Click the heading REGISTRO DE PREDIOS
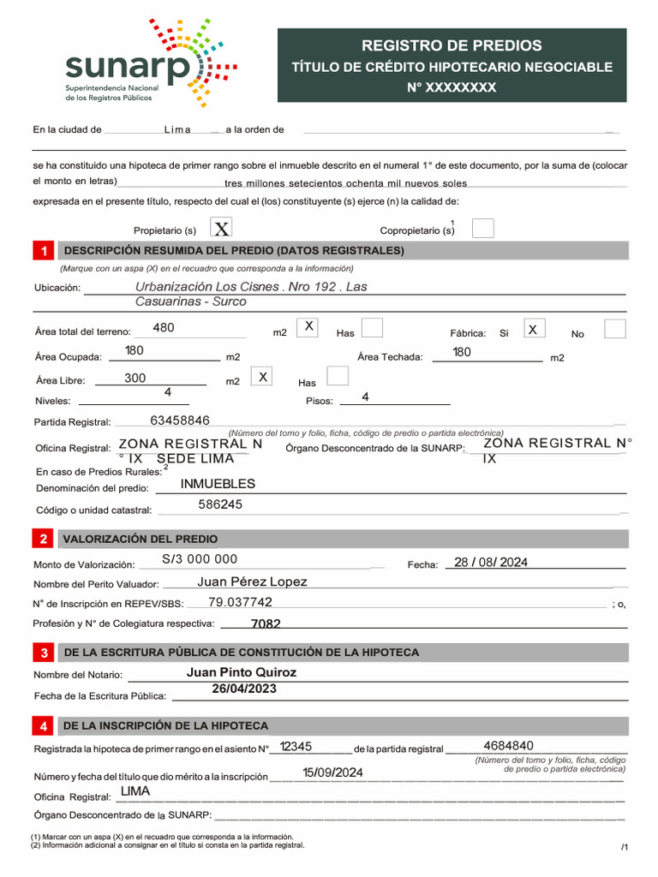pyautogui.click(x=452, y=45)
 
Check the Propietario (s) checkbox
pyautogui.click(x=221, y=228)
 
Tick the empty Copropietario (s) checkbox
pyautogui.click(x=483, y=228)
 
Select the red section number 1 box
pyautogui.click(x=43, y=251)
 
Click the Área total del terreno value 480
pyautogui.click(x=163, y=327)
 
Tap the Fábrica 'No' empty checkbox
pyautogui.click(x=614, y=329)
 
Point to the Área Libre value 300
pyautogui.click(x=135, y=378)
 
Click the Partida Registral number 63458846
pyautogui.click(x=179, y=421)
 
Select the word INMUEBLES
pyautogui.click(x=218, y=484)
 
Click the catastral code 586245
pyautogui.click(x=220, y=504)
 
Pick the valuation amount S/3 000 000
pyautogui.click(x=199, y=559)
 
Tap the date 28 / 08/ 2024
pyautogui.click(x=491, y=562)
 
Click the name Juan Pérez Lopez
pyautogui.click(x=252, y=582)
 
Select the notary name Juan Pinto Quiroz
pyautogui.click(x=241, y=672)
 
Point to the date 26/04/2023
pyautogui.click(x=244, y=689)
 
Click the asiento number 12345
pyautogui.click(x=296, y=747)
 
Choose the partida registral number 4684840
pyautogui.click(x=508, y=745)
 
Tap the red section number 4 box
pyautogui.click(x=43, y=726)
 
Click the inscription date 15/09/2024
pyautogui.click(x=332, y=773)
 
